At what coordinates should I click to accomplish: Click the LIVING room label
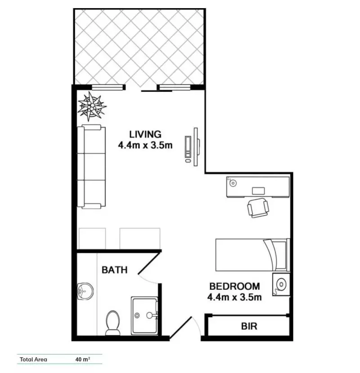[x=145, y=134]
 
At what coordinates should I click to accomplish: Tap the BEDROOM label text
[x=234, y=286]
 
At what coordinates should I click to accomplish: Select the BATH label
[x=114, y=270]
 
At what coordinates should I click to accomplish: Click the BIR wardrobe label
[x=249, y=326]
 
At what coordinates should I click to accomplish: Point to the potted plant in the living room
[x=91, y=106]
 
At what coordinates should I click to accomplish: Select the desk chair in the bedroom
[x=258, y=207]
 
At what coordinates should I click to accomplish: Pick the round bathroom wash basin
[x=84, y=291]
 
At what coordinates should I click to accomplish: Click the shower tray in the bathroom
[x=144, y=315]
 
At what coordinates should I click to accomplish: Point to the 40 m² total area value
[x=83, y=359]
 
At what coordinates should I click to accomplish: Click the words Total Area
[x=33, y=359]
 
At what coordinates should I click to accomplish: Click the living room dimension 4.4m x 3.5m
[x=145, y=145]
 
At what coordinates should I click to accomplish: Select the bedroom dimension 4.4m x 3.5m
[x=234, y=297]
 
